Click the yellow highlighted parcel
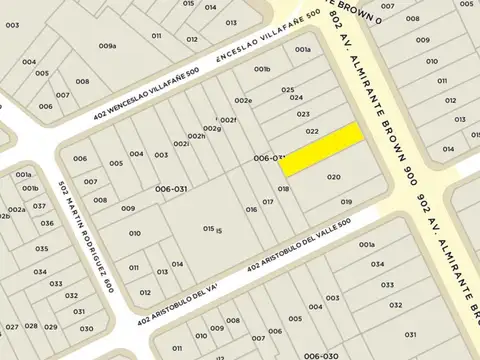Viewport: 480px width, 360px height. click(321, 149)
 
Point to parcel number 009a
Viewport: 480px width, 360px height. click(109, 46)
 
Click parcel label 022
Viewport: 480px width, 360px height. click(312, 132)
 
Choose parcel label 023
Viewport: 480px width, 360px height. click(303, 114)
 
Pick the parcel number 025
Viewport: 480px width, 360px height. click(288, 90)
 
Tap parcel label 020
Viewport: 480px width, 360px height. click(334, 177)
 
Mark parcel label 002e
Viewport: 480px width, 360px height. click(243, 101)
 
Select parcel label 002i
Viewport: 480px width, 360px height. click(181, 144)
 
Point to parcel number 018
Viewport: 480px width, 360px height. click(284, 189)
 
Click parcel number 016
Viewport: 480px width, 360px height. click(251, 209)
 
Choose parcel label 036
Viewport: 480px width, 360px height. click(43, 250)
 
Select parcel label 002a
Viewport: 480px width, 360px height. click(16, 210)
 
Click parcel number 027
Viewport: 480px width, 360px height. click(12, 326)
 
